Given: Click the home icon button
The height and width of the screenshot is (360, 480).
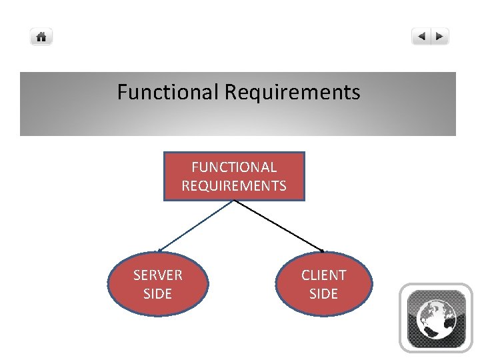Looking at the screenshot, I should point(41,37).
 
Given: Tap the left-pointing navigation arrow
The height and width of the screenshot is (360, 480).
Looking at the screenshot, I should point(421,37).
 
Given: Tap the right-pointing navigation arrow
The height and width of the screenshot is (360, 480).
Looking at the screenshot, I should point(440,37).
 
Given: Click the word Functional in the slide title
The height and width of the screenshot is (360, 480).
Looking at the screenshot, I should point(168,92).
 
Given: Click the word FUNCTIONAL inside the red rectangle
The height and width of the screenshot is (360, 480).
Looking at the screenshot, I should point(234,167).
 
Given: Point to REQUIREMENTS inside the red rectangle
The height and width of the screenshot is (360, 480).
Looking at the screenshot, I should point(234,186).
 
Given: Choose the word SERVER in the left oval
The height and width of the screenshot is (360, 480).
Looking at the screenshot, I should point(158,275).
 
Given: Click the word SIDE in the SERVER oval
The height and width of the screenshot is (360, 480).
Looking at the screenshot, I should point(158,294).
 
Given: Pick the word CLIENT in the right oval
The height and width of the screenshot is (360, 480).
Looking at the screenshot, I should point(324,275).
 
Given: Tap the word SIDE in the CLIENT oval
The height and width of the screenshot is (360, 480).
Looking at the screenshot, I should point(324,294).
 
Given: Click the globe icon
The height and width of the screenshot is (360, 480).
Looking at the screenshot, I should point(436,318).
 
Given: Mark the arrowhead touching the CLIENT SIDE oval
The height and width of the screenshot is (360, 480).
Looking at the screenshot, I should point(322,251).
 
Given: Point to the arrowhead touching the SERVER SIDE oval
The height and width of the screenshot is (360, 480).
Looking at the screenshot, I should point(160,251).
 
